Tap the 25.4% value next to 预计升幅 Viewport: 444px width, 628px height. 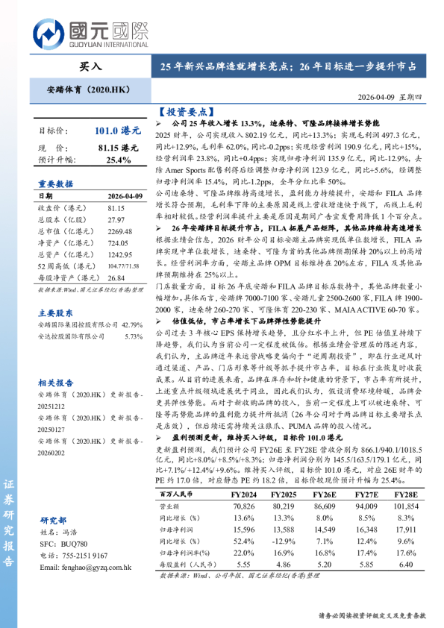[119, 159]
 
